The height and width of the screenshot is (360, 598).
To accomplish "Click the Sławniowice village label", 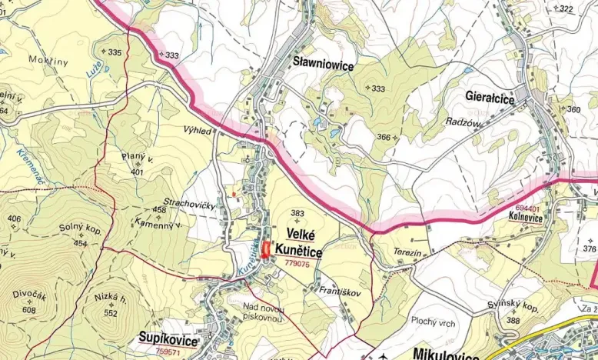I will click(323, 66).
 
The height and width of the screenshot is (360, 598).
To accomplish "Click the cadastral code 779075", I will click(297, 263).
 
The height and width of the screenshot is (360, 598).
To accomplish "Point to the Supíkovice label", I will click(168, 338).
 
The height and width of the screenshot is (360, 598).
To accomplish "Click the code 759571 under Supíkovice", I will click(168, 352).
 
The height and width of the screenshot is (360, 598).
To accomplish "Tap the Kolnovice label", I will click(525, 218).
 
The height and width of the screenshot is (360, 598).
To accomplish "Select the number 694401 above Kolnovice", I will click(527, 208).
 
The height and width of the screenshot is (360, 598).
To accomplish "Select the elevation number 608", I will click(29, 309).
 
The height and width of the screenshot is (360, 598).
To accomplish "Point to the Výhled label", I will click(198, 131).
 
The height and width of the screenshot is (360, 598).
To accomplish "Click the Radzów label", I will click(462, 122).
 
